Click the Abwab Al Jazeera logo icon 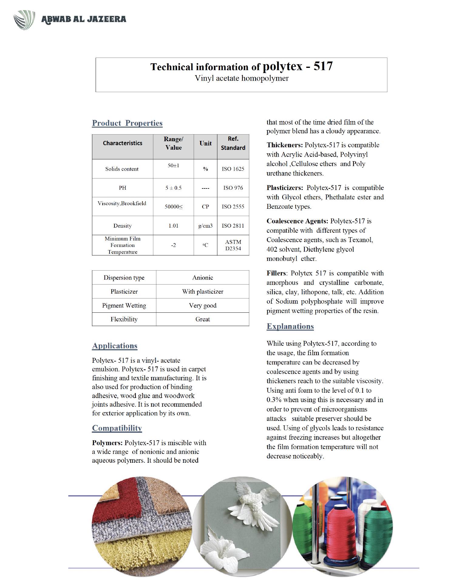(24, 20)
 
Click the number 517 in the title (323, 66)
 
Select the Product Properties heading (127, 123)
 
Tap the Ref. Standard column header (233, 143)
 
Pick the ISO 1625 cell (233, 169)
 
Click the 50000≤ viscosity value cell (173, 207)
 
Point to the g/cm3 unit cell (205, 226)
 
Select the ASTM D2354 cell (233, 245)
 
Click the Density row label (122, 226)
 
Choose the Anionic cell (202, 278)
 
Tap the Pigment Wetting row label (124, 305)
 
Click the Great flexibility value (202, 319)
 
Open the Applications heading (115, 346)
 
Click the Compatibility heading (117, 428)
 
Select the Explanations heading (290, 326)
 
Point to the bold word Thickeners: (284, 145)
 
